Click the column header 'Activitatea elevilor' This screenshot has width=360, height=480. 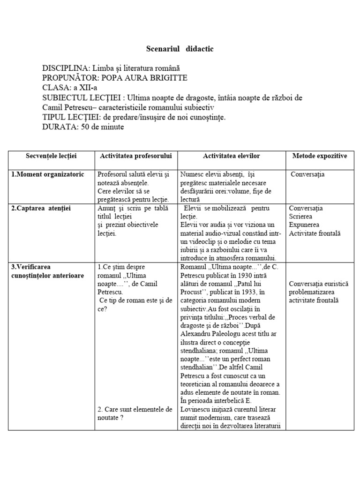[x=231, y=156]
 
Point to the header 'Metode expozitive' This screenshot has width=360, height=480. [x=319, y=156]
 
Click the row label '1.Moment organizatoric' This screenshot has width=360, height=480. [x=48, y=174]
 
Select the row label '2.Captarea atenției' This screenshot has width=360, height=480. [x=41, y=208]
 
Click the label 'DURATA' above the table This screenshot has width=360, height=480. [x=60, y=127]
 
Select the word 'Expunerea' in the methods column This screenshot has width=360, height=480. [x=305, y=225]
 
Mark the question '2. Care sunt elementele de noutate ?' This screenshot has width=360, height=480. [x=135, y=413]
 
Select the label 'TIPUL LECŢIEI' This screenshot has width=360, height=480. [x=70, y=117]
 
